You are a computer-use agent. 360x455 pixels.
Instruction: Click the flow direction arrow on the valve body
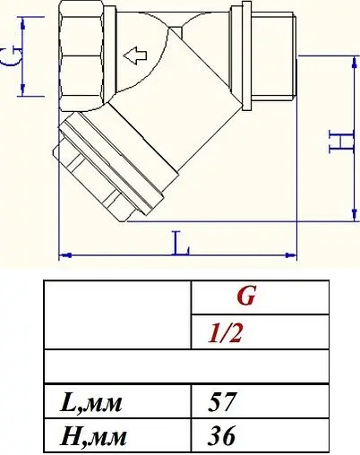click(x=135, y=59)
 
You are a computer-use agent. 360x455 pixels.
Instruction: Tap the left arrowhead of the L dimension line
click(x=63, y=255)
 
